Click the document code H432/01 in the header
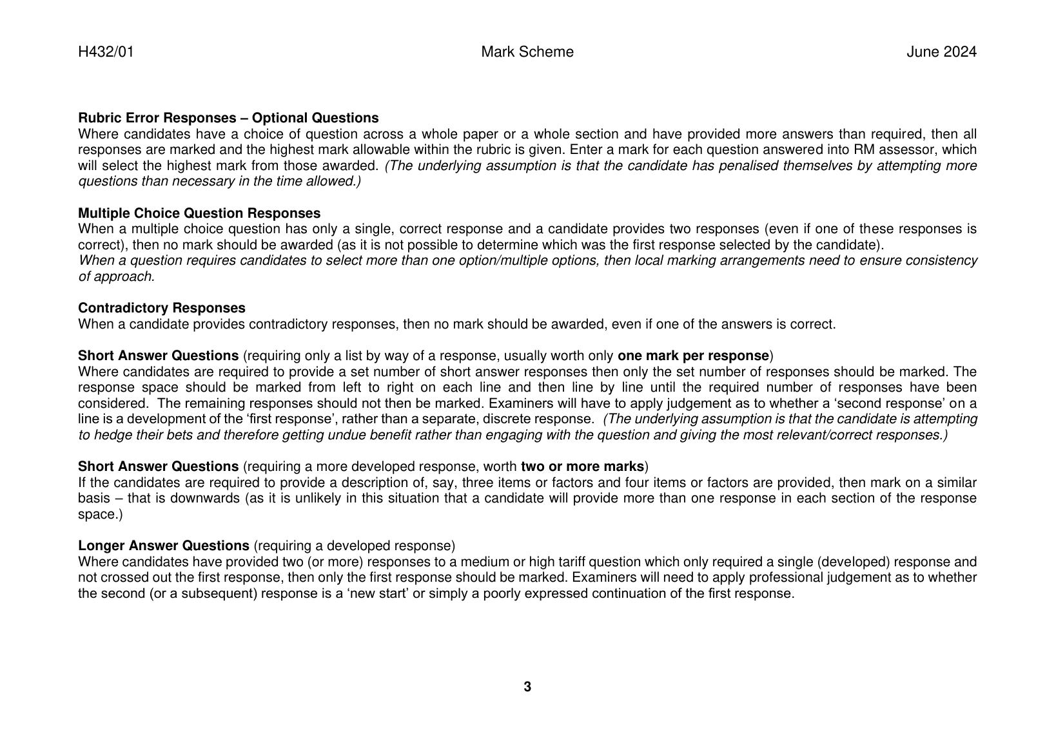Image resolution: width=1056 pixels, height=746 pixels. pos(106,52)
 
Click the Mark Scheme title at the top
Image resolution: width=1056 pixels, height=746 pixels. pos(527,52)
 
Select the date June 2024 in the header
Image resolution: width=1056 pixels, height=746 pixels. pos(941,52)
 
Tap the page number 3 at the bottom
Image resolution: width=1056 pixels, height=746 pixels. pos(527,687)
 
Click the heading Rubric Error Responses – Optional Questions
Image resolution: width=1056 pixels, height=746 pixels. pos(228,118)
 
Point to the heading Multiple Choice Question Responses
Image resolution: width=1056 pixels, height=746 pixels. pos(199,213)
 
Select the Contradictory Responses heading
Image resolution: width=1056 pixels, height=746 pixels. pos(162,308)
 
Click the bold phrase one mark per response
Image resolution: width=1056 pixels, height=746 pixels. pos(693,356)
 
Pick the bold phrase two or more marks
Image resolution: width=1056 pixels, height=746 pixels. pos(582,466)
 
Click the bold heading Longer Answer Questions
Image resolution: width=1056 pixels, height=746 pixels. pos(164,546)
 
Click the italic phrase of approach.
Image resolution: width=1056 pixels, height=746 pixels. pos(116,276)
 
